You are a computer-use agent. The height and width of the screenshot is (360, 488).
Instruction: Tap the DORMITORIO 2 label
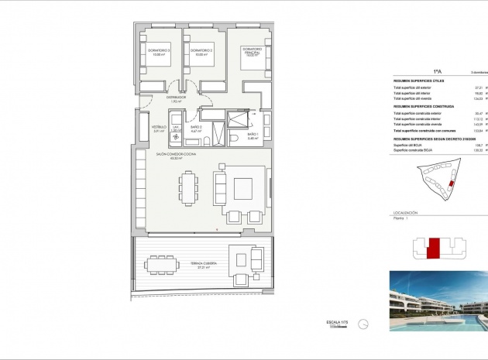[x=201, y=52]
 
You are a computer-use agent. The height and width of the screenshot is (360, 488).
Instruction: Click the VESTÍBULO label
[x=159, y=128]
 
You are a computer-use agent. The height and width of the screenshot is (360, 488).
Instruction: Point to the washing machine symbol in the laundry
[x=176, y=137]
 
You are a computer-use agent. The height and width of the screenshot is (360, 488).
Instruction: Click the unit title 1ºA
[x=437, y=70]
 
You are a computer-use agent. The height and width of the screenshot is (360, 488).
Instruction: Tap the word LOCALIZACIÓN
[x=406, y=212]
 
